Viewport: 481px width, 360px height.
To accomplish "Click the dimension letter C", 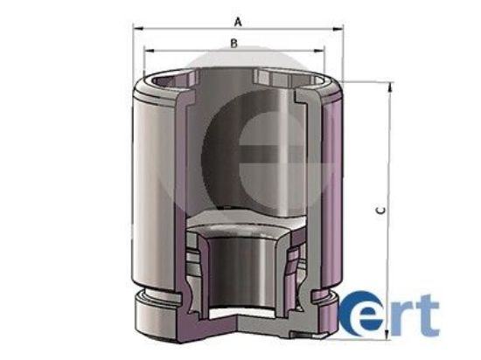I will pyautogui.click(x=377, y=211).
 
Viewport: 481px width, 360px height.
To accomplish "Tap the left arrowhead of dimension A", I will pyautogui.click(x=137, y=28).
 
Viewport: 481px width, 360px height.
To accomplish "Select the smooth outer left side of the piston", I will pyautogui.click(x=153, y=192).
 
